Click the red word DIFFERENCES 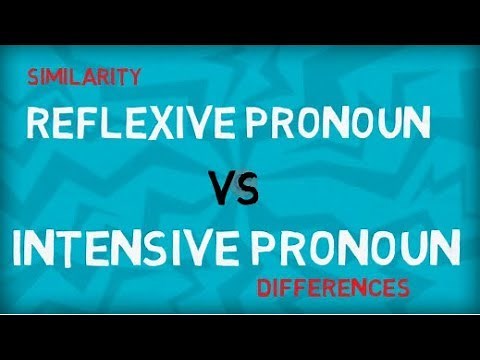click(333, 290)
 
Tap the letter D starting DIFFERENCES click(264, 290)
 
